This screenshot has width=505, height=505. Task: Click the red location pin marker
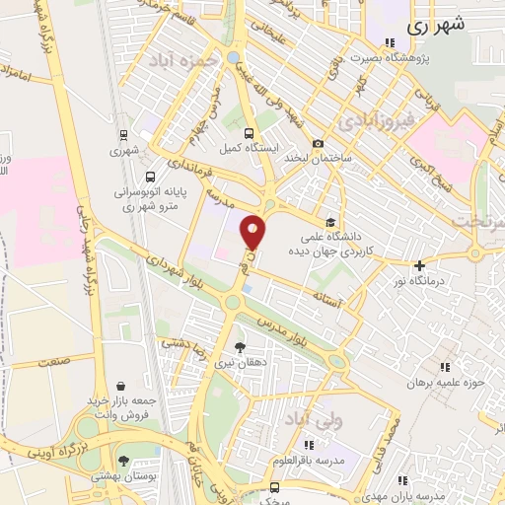[x=253, y=231]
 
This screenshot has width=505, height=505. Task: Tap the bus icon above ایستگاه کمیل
[x=249, y=133]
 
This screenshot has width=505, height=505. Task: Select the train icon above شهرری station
[x=123, y=135]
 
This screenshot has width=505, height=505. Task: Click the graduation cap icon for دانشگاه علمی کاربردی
[x=331, y=222]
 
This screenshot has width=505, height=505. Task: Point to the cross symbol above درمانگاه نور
[x=419, y=264]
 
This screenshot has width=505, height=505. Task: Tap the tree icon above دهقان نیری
[x=239, y=346]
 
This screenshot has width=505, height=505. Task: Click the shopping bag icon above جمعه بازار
[x=120, y=386]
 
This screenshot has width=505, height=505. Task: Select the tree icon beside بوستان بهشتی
[x=123, y=461]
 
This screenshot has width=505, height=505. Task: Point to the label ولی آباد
[x=313, y=420]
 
